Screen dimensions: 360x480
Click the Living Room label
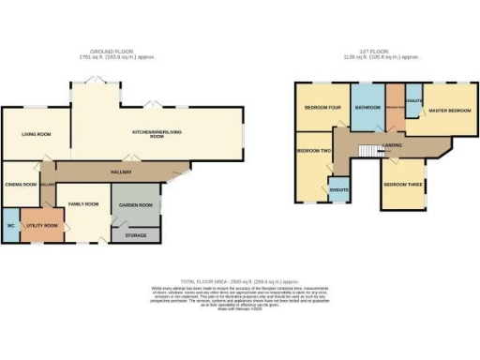point(35,135)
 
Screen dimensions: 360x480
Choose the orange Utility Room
point(41,226)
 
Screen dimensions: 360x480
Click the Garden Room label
point(135,204)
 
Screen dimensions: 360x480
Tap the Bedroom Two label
point(313,151)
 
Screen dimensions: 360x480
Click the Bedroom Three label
point(402,185)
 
